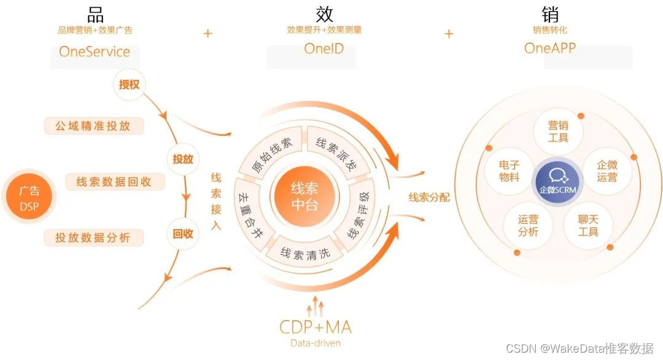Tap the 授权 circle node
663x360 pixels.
[x=129, y=84]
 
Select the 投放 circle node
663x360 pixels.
[x=182, y=159]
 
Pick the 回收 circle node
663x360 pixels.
[x=182, y=233]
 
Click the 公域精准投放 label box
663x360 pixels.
[x=94, y=126]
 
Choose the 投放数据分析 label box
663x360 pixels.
[x=94, y=238]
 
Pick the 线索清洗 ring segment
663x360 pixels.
[x=304, y=252]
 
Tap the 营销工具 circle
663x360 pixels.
[x=558, y=131]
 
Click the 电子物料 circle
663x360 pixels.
[x=510, y=171]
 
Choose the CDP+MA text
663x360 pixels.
[x=315, y=326]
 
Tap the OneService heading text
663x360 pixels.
[x=94, y=51]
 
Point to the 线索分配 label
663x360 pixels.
[x=429, y=197]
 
